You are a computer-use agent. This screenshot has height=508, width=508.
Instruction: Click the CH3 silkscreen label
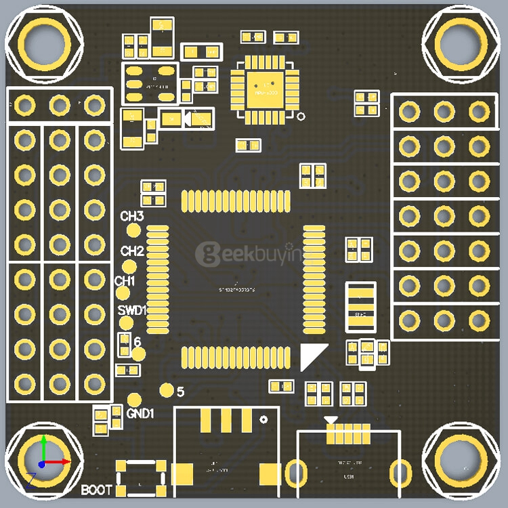click(x=132, y=217)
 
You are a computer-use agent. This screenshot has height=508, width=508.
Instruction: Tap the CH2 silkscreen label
click(x=132, y=251)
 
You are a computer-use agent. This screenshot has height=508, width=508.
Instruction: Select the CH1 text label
click(x=125, y=280)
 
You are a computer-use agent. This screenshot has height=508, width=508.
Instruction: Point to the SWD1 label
click(x=132, y=310)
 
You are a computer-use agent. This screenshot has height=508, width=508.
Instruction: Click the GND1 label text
click(x=140, y=412)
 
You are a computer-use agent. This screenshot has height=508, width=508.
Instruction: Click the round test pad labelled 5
click(x=166, y=390)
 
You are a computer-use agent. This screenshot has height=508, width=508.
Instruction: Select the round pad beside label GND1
click(x=134, y=400)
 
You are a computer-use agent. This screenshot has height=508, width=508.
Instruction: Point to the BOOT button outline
click(x=141, y=478)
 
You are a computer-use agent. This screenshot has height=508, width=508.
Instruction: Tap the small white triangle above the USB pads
click(x=330, y=420)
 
